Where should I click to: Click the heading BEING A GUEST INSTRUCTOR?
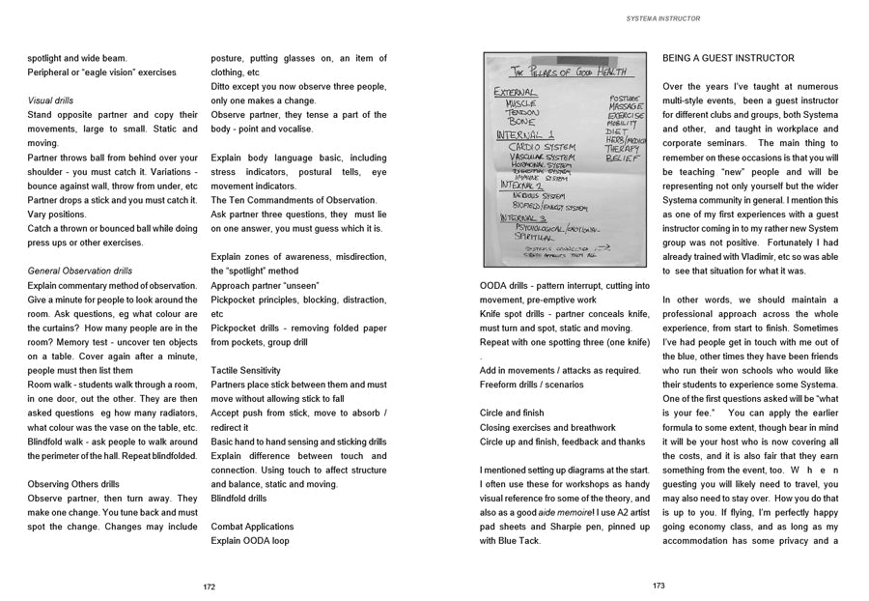click(728, 58)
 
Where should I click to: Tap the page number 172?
click(210, 586)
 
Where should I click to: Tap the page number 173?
click(659, 586)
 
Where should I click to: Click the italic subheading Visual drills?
click(51, 100)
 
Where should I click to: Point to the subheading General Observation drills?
click(80, 272)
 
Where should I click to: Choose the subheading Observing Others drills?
click(74, 484)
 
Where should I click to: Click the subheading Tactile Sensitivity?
click(245, 370)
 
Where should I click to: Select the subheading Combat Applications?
click(253, 527)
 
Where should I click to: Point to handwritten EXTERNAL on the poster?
click(517, 93)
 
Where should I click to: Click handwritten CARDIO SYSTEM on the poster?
click(542, 147)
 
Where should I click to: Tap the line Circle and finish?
click(512, 414)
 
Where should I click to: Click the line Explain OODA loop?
click(250, 541)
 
